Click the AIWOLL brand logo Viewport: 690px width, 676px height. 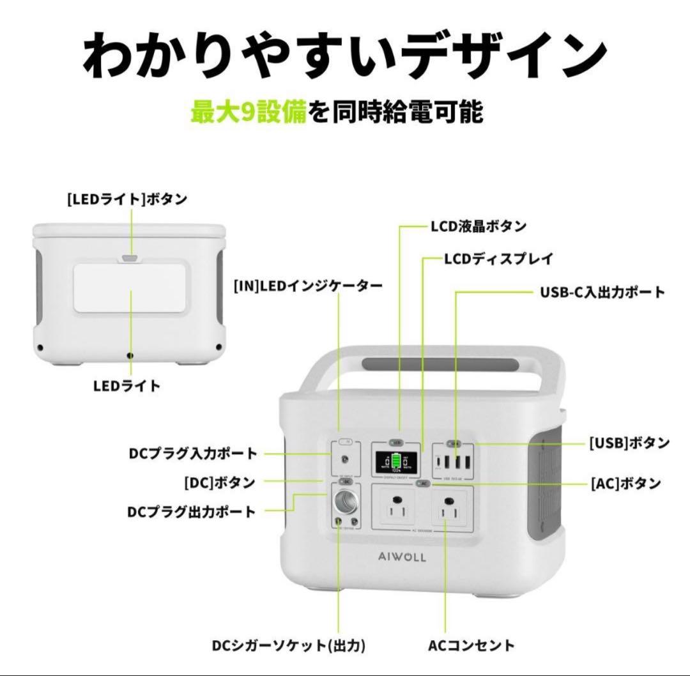pos(401,557)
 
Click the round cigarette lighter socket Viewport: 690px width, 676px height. pos(348,503)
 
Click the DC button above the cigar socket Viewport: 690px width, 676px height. pos(345,481)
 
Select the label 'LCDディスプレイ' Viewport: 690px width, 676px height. pos(498,259)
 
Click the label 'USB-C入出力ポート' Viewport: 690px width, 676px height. pos(602,293)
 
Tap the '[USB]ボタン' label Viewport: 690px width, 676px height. pos(629,443)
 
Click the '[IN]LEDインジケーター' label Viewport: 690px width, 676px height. pos(308,286)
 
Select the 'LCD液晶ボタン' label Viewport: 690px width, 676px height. pos(479,226)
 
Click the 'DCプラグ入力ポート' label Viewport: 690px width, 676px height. pos(192,454)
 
